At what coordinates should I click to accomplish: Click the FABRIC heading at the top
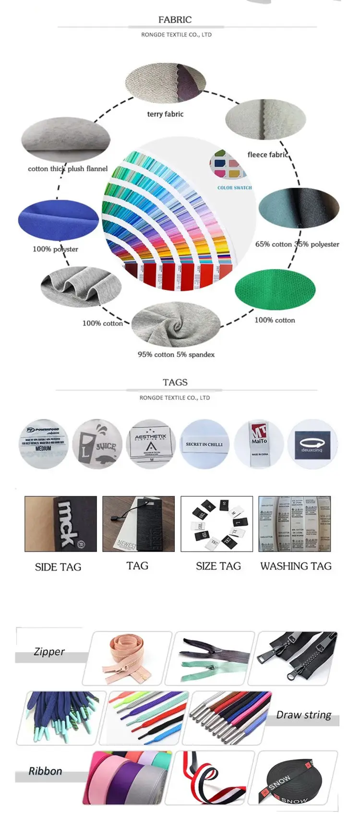[x=175, y=20]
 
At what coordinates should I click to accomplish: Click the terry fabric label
[x=165, y=114]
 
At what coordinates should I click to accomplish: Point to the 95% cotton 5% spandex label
[x=176, y=355]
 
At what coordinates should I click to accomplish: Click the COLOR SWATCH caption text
[x=234, y=188]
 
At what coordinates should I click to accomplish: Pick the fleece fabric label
[x=267, y=155]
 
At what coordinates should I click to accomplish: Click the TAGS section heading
[x=175, y=382]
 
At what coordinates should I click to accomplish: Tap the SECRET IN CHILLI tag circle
[x=204, y=444]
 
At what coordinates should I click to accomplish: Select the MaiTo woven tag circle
[x=259, y=444]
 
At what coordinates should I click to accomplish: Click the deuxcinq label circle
[x=312, y=444]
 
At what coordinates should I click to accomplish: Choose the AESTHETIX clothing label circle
[x=150, y=444]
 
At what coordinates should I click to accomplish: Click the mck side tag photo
[x=60, y=524]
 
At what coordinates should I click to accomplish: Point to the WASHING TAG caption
[x=296, y=566]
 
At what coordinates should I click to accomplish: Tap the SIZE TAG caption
[x=218, y=566]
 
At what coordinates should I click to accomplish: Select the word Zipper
[x=49, y=652]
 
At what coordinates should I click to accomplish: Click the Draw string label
[x=303, y=715]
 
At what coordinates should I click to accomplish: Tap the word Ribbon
[x=45, y=771]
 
